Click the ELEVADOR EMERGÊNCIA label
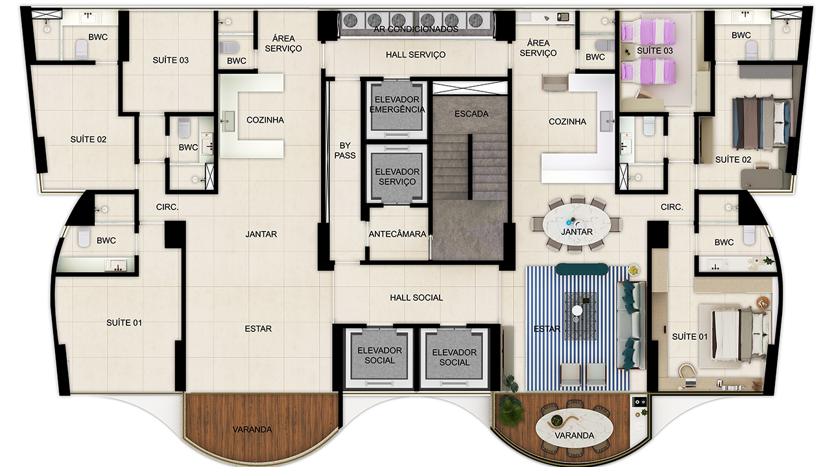397,104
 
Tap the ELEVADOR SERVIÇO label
397,177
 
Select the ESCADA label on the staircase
471,114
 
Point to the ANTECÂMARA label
397,234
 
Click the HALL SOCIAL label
416,298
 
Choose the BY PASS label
345,150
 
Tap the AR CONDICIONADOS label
416,29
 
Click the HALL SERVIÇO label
416,54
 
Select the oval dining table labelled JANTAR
576,224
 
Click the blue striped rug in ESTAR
578,329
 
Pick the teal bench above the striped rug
582,269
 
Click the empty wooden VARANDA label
252,429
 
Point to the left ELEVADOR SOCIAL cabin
379,356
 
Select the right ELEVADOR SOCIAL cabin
455,357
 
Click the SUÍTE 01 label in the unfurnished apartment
124,323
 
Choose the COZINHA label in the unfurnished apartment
265,120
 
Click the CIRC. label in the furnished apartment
672,207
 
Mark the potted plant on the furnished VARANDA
510,411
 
